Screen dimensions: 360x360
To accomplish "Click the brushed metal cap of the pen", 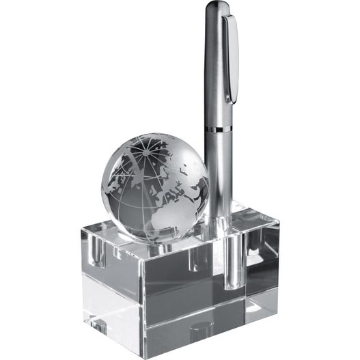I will [x=217, y=68].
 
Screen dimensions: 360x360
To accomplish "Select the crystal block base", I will [x=171, y=287].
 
